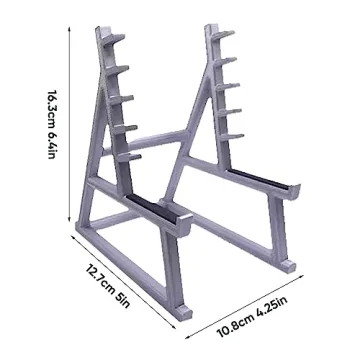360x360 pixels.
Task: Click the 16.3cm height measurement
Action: click(51, 106)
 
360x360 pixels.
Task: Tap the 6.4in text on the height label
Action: click(51, 142)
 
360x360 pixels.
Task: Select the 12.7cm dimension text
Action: click(99, 278)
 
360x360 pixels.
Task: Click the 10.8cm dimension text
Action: click(235, 323)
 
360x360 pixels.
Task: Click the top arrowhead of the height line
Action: click(69, 29)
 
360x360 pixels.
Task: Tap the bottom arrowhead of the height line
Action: click(69, 219)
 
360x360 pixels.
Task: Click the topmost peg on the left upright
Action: click(114, 39)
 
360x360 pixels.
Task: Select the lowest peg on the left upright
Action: click(130, 157)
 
